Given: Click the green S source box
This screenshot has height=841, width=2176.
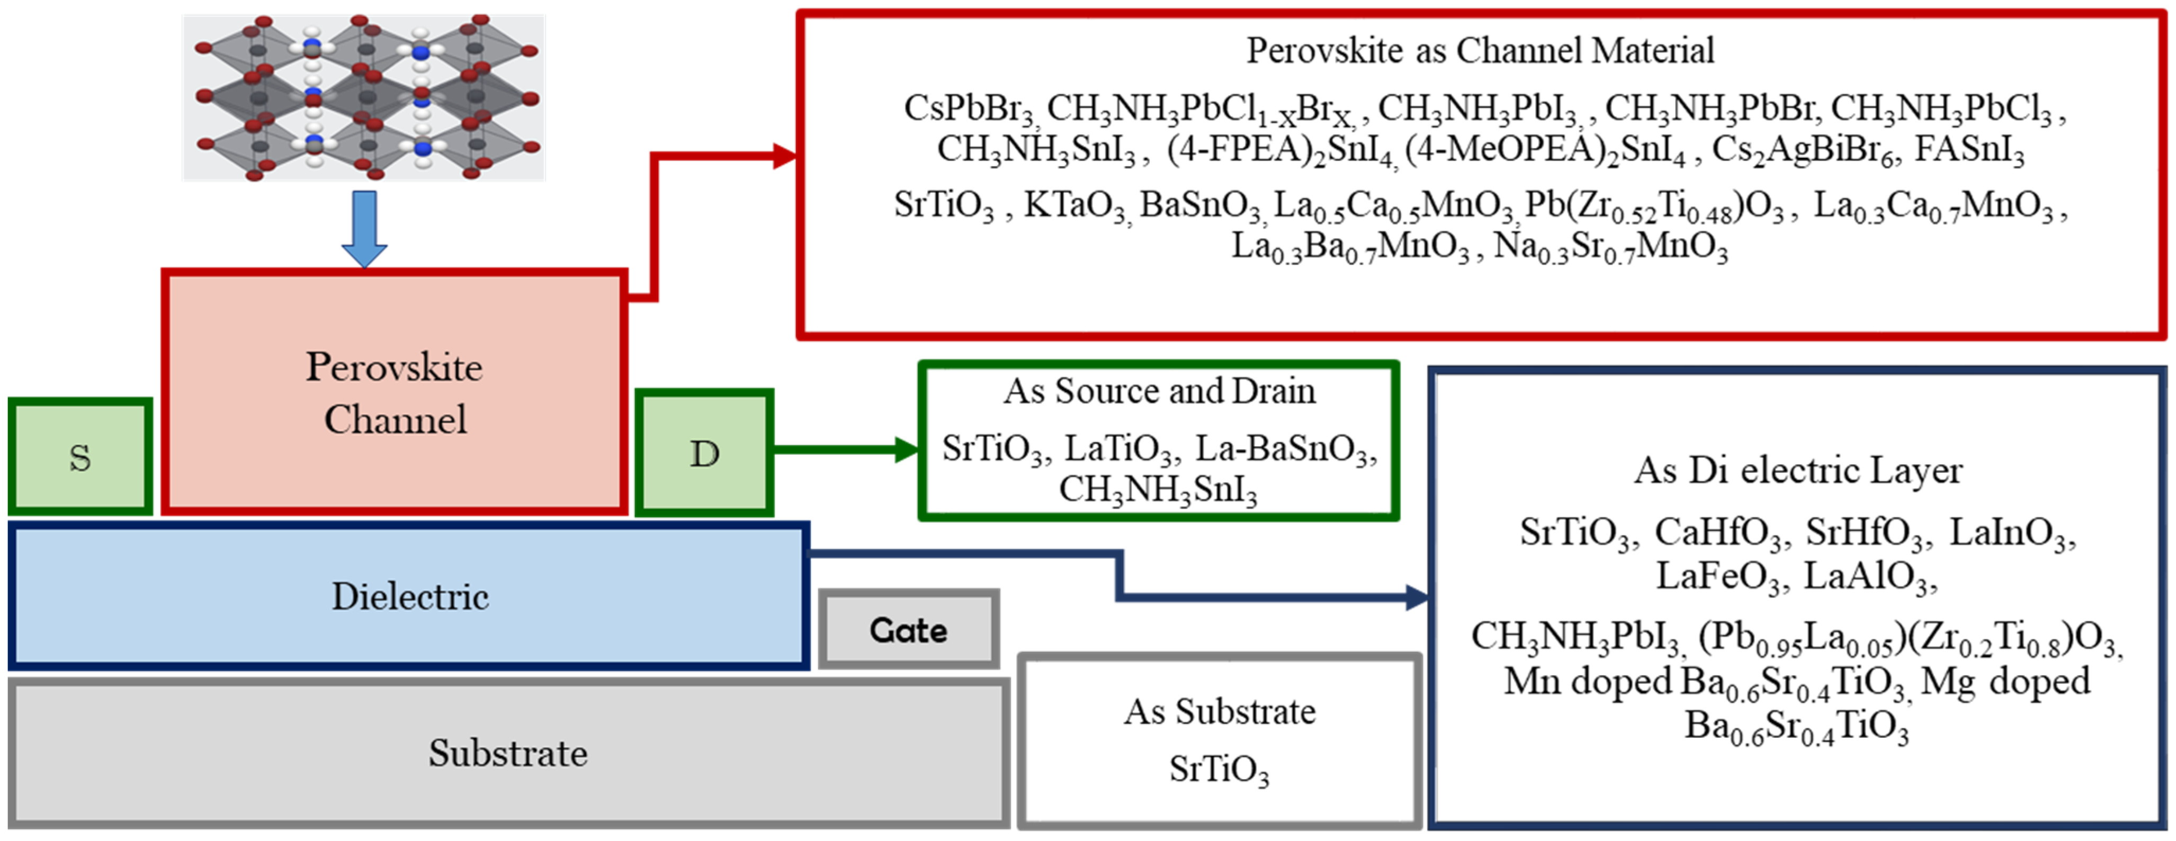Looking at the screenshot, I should (x=80, y=457).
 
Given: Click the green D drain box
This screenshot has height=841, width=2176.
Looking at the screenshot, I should (x=704, y=454).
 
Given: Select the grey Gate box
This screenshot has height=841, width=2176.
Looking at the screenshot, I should (x=909, y=630).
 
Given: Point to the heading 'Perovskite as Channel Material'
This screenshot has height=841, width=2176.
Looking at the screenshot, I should (x=1480, y=51).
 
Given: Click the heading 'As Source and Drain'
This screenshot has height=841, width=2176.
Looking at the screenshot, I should (x=1159, y=391).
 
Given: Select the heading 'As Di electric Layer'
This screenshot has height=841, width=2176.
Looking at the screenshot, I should (x=1797, y=471).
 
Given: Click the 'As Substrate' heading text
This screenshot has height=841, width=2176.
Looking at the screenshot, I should (x=1219, y=712).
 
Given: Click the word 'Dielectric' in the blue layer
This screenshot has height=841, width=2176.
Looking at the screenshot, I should (x=410, y=596).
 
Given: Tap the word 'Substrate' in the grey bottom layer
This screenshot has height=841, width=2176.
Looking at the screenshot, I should (x=508, y=752).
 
